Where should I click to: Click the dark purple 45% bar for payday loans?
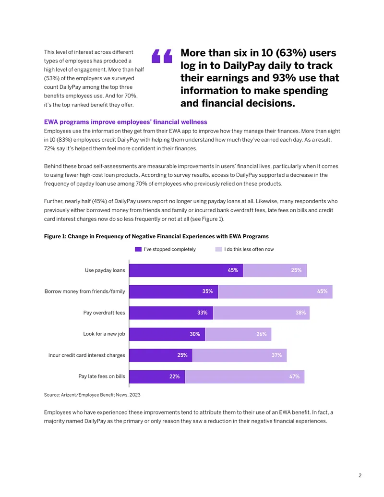[186, 270]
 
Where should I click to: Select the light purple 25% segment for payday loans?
[275, 270]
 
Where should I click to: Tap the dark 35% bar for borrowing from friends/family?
[174, 291]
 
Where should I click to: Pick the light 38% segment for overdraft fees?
[262, 313]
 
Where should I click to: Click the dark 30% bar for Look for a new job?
[168, 334]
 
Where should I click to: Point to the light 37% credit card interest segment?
[240, 355]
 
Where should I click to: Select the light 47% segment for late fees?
[245, 376]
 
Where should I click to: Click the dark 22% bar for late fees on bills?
[157, 376]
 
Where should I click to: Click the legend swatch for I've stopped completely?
[138, 249]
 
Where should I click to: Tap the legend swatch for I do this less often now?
[218, 249]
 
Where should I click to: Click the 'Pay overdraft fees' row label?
[104, 313]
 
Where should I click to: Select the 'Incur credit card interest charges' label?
[87, 355]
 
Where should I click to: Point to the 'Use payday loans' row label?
[105, 270]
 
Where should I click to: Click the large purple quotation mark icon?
[162, 56]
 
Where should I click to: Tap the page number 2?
[360, 475]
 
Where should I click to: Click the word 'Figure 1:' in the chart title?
[55, 236]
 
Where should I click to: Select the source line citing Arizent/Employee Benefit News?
[92, 395]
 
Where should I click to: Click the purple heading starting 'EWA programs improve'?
[125, 122]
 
